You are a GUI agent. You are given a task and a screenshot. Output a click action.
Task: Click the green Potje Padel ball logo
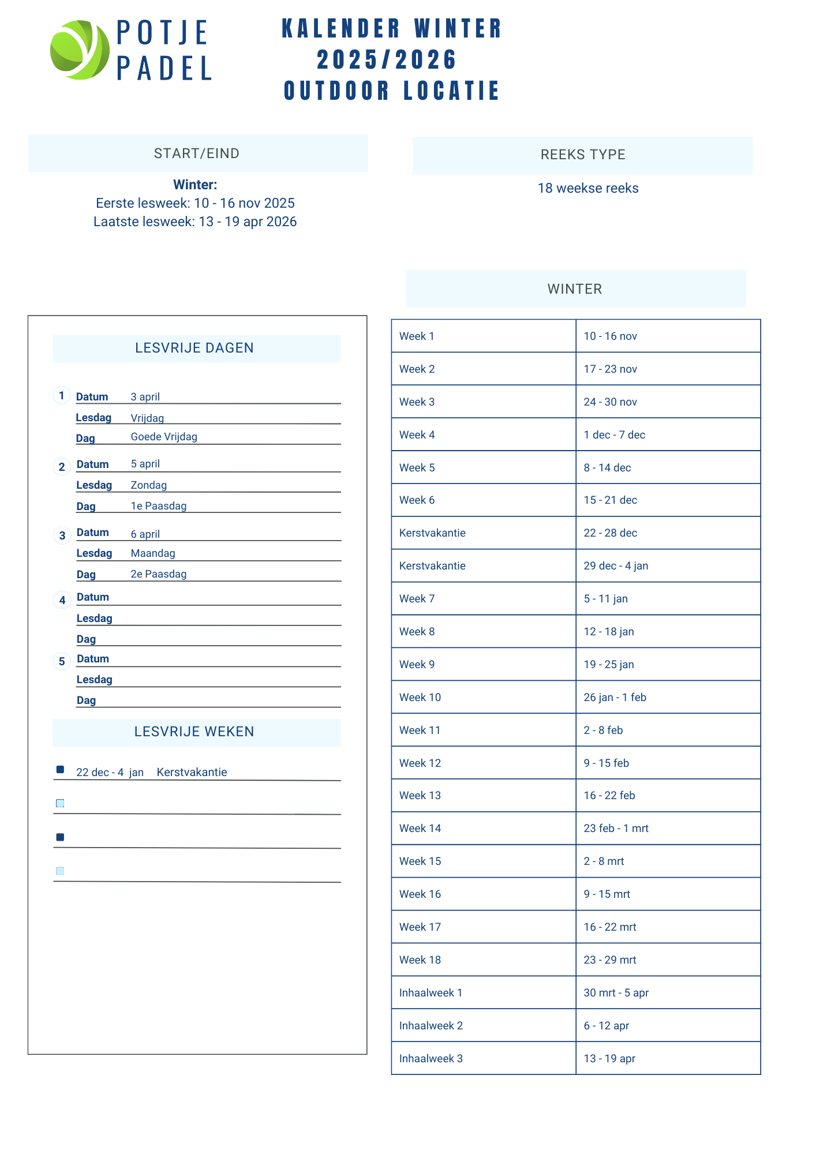point(80,50)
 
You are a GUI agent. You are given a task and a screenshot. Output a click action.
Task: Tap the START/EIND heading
point(197,153)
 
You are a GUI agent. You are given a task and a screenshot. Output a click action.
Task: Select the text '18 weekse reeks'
point(587,189)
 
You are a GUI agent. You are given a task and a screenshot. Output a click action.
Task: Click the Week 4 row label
point(417,434)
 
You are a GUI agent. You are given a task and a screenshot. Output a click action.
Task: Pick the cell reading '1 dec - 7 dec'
point(614,434)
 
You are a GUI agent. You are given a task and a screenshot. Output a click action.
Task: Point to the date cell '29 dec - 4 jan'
point(616,565)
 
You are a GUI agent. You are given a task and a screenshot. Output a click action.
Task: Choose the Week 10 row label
point(420,697)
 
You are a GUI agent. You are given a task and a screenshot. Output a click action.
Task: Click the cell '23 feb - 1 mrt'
point(616,829)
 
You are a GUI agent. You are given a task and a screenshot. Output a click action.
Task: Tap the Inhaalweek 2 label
point(431,1025)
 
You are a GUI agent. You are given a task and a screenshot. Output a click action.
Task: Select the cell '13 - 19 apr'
point(609,1058)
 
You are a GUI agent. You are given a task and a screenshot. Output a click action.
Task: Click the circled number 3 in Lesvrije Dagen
point(62,535)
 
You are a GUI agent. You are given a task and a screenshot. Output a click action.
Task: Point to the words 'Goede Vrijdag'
point(164,437)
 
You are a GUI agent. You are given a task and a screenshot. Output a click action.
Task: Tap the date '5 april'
point(145,464)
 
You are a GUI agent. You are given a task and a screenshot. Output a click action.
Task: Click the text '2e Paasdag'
point(159,574)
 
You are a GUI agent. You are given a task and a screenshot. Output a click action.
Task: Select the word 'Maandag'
point(153,553)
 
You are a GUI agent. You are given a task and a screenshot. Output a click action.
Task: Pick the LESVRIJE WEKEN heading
point(194,732)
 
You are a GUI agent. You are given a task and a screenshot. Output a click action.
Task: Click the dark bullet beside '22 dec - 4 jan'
point(60,769)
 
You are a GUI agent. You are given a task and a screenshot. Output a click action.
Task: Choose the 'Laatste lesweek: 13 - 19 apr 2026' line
point(195,222)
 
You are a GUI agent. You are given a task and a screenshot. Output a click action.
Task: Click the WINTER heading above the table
point(575,289)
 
